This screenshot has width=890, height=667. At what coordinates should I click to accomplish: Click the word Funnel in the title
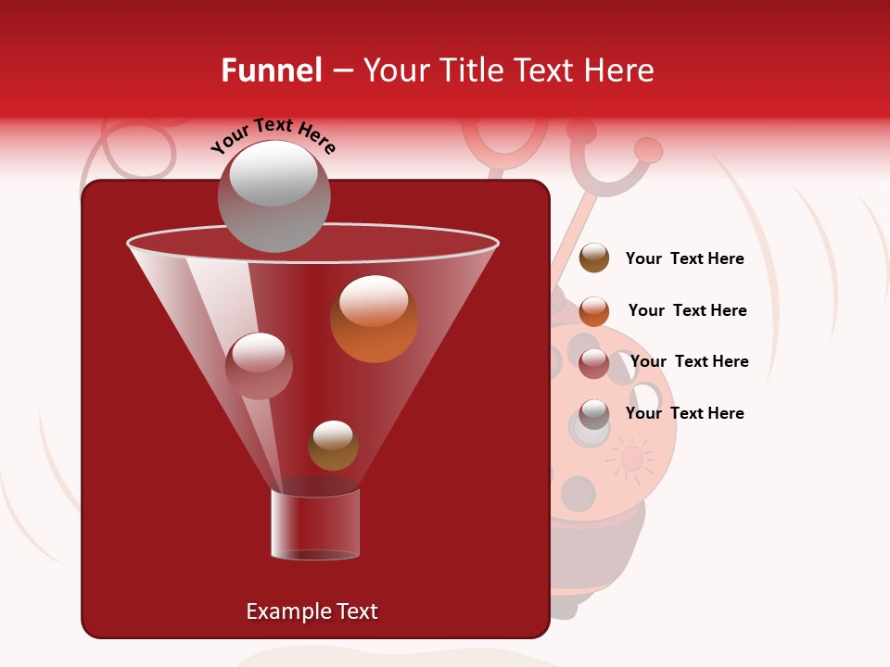click(x=271, y=70)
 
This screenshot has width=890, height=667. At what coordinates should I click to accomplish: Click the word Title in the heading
click(x=471, y=70)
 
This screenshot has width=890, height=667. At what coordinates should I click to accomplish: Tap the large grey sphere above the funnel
click(x=273, y=195)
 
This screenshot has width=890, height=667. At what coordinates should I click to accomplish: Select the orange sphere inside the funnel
click(x=374, y=319)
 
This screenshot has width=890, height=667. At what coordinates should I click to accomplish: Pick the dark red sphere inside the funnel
click(x=259, y=366)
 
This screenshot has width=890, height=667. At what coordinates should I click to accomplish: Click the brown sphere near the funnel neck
click(x=333, y=446)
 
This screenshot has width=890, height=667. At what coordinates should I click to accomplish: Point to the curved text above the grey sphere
click(x=273, y=135)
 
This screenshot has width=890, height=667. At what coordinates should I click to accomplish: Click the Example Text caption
click(x=311, y=611)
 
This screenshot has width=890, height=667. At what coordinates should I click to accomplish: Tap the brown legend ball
click(x=594, y=258)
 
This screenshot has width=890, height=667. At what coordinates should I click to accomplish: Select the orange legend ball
click(x=594, y=311)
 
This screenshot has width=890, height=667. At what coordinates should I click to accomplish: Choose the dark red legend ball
click(x=594, y=363)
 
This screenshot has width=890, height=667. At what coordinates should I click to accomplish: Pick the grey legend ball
click(x=594, y=414)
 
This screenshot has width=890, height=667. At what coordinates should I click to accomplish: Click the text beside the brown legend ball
click(x=684, y=259)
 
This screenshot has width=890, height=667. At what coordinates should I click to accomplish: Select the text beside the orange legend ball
click(x=687, y=311)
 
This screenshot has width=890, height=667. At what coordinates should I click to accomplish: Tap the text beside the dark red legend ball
click(x=689, y=362)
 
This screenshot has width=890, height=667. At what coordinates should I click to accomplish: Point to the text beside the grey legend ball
click(x=684, y=414)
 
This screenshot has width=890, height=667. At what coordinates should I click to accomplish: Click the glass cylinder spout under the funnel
click(x=315, y=524)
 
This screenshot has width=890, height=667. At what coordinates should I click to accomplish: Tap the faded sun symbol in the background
click(x=631, y=459)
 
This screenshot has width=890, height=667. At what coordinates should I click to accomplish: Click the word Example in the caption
click(x=282, y=611)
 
